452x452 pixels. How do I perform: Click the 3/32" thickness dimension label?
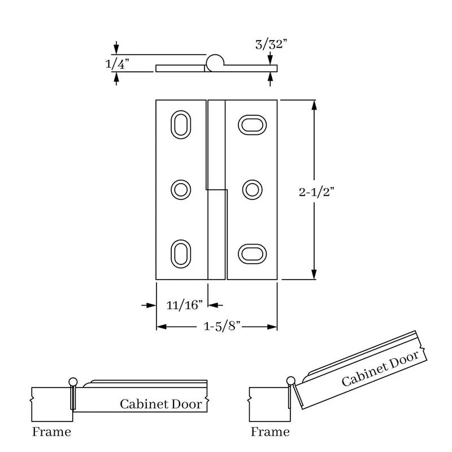tap(271, 45)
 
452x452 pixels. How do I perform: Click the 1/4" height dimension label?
tap(118, 64)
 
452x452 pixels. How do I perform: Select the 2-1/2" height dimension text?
tap(316, 192)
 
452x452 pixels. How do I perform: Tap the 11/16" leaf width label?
tap(185, 305)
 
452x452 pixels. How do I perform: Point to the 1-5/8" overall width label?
tap(222, 326)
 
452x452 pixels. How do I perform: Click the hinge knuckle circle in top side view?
tap(215, 54)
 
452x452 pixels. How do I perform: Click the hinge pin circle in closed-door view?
tap(73, 378)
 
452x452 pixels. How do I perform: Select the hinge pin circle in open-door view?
tap(291, 377)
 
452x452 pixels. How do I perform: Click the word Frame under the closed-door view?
tap(51, 432)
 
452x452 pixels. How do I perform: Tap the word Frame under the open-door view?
tap(270, 432)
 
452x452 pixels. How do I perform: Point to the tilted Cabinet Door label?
tap(380, 368)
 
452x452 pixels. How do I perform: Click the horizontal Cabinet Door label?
tap(161, 404)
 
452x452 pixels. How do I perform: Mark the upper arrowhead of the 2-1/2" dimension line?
tap(314, 105)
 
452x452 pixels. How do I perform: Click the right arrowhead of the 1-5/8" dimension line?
tap(272, 327)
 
